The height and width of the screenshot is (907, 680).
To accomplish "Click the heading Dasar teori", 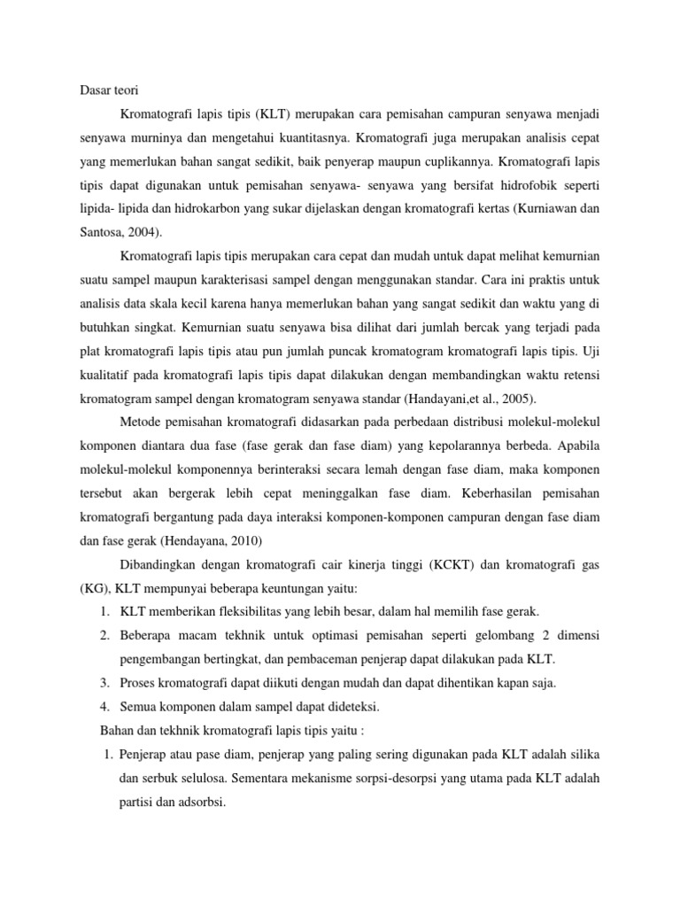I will point(104,89).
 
